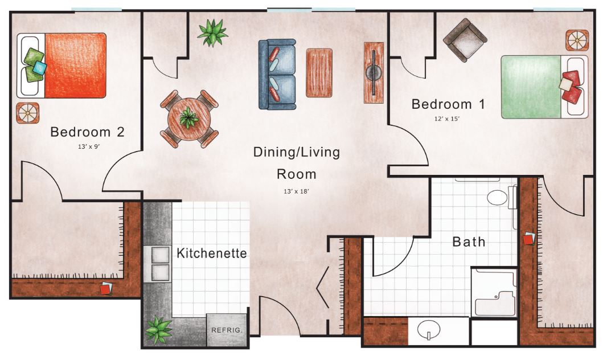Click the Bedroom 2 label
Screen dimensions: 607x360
pos(88,132)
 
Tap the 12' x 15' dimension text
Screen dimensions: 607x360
pos(447,119)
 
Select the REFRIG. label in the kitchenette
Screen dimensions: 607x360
pos(227,330)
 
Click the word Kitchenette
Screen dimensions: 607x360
pos(212,253)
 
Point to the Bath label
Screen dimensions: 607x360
pos(469,242)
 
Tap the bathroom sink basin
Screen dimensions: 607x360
pos(429,330)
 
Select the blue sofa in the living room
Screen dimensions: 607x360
pos(277,74)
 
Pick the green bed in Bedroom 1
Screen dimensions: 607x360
pos(544,87)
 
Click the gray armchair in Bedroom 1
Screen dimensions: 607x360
pos(465,40)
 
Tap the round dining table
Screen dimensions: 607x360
pos(189,119)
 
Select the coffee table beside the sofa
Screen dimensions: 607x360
pos(319,73)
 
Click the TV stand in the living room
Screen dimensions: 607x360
pos(374,73)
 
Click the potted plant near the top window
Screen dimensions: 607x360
pos(212,32)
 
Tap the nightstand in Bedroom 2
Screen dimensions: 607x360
pos(27,113)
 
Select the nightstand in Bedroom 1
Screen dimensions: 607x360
pos(577,40)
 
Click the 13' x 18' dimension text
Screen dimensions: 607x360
pos(297,191)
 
